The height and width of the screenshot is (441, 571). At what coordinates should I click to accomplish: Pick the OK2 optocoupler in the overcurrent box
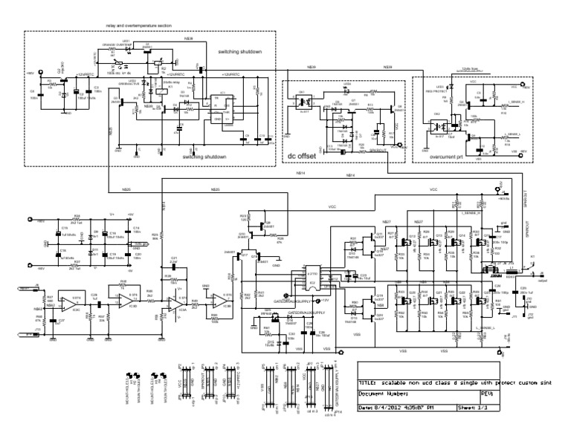click(x=436, y=124)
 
